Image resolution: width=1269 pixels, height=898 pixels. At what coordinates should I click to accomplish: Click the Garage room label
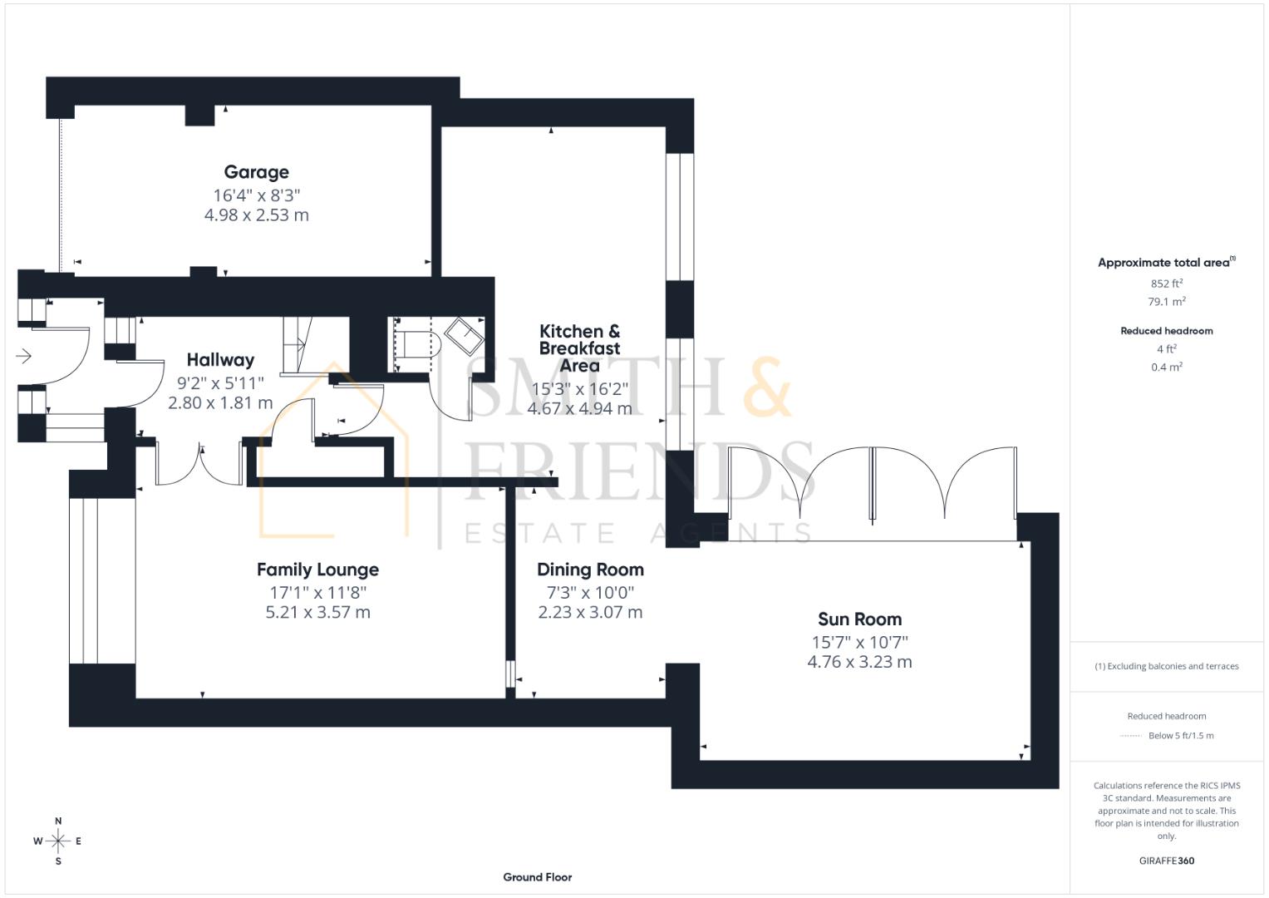tap(256, 172)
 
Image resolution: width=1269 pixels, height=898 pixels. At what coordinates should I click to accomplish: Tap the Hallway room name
tap(220, 360)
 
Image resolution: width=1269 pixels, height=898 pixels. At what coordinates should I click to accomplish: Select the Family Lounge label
tap(317, 570)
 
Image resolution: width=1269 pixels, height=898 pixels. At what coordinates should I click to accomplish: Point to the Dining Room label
tap(590, 570)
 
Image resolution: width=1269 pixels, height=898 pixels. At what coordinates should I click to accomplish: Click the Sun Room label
tap(859, 619)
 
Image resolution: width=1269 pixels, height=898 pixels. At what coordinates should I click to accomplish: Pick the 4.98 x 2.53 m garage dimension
tap(256, 215)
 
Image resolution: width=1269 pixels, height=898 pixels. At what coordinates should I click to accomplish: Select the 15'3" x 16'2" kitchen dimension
tap(579, 389)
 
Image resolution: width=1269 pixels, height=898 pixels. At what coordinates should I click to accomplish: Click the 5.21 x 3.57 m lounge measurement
tap(317, 613)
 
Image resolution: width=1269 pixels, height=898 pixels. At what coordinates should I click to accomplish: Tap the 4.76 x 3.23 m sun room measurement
tap(859, 663)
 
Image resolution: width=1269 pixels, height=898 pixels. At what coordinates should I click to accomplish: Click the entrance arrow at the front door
tap(24, 357)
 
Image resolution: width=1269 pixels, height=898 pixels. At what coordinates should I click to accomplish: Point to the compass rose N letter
tap(58, 822)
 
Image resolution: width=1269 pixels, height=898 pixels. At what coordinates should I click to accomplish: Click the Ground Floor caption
tap(537, 877)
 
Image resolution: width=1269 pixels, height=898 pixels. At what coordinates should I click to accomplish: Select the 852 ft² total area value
tap(1167, 284)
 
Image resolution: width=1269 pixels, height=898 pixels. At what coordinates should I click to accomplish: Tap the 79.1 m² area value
tap(1167, 302)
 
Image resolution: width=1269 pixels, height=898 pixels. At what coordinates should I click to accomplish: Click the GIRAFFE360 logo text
tap(1167, 861)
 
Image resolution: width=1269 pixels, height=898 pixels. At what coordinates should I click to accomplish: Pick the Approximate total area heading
tap(1163, 263)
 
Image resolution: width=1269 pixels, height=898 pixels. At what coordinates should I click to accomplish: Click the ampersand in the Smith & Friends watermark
tap(766, 387)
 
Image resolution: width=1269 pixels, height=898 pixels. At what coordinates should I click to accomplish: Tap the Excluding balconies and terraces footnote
tap(1167, 666)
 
